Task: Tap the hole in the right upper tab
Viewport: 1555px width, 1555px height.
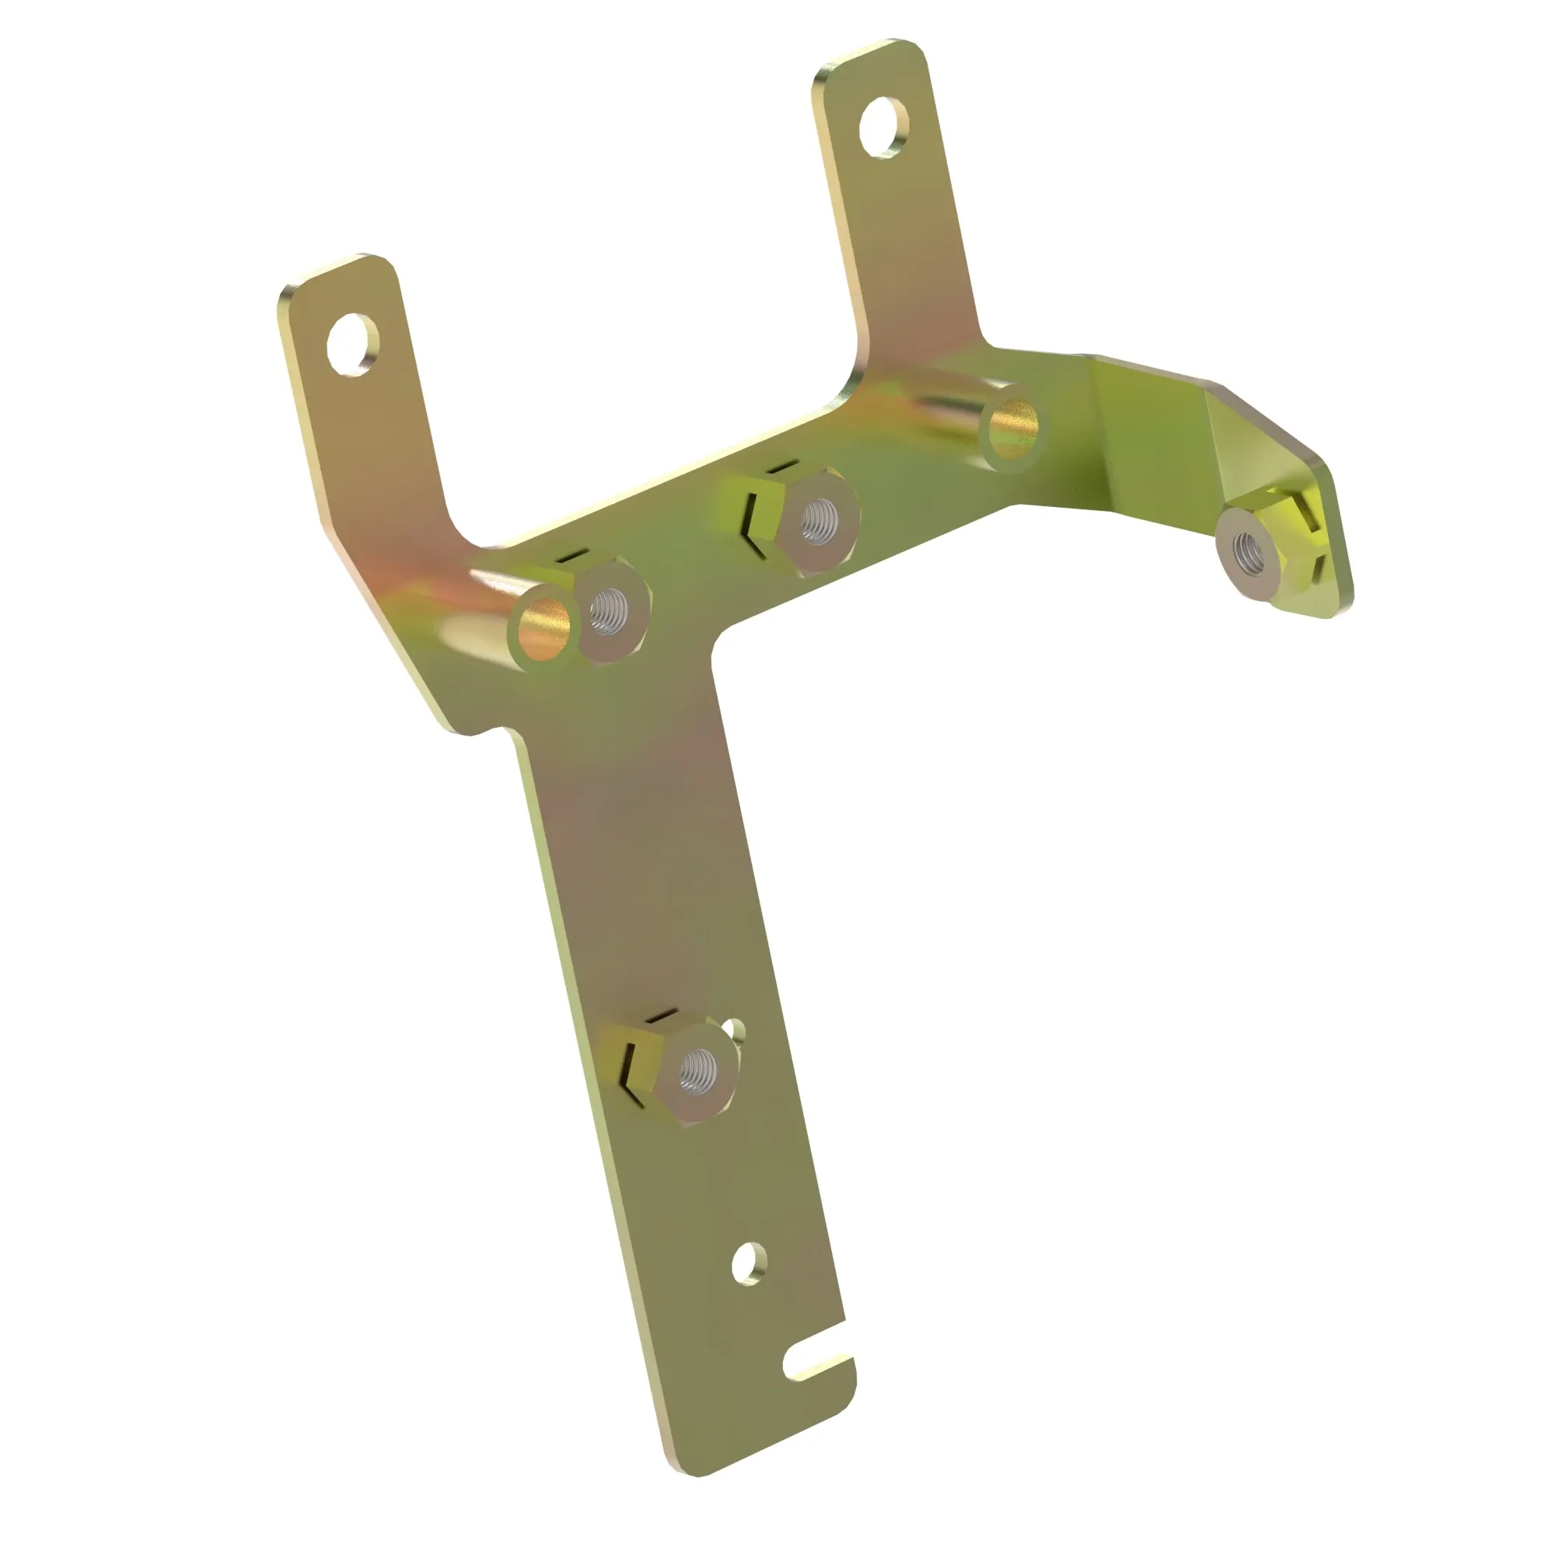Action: point(883,127)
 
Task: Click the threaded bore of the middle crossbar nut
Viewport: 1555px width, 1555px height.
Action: point(819,519)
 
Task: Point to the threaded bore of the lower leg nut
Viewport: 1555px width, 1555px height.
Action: point(697,1070)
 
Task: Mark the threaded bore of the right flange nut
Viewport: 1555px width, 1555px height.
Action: point(1249,550)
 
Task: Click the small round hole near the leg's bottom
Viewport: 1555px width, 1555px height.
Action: point(749,1263)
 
